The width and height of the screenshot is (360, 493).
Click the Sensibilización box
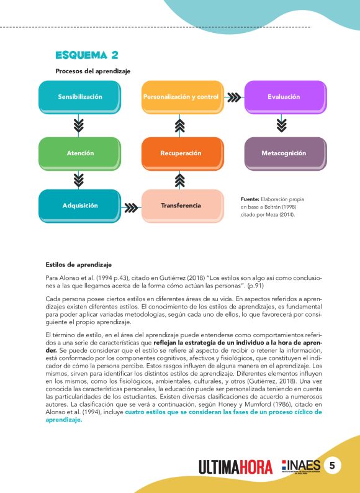[x=79, y=97]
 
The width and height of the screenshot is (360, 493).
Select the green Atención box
[x=79, y=153]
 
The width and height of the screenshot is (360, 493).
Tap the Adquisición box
[x=79, y=206]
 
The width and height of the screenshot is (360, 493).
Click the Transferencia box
[x=181, y=206]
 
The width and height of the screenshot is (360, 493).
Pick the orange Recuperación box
[x=181, y=153]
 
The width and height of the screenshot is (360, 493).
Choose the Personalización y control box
[x=181, y=97]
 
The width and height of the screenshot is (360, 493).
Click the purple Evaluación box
[x=284, y=97]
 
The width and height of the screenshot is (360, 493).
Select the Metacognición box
[x=284, y=153]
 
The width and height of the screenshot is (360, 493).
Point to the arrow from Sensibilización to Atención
[x=79, y=125]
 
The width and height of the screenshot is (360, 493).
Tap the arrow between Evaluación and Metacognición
[x=282, y=125]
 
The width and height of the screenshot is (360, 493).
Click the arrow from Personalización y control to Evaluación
[x=233, y=97]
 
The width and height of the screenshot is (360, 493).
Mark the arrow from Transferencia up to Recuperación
[x=180, y=180]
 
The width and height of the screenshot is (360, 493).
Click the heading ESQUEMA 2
[x=86, y=55]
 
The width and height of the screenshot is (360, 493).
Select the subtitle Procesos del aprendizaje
[x=92, y=71]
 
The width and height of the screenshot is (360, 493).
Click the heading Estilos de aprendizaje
[x=79, y=265]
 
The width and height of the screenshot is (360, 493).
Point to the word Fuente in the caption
[x=250, y=199]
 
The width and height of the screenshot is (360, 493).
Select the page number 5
[x=333, y=466]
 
